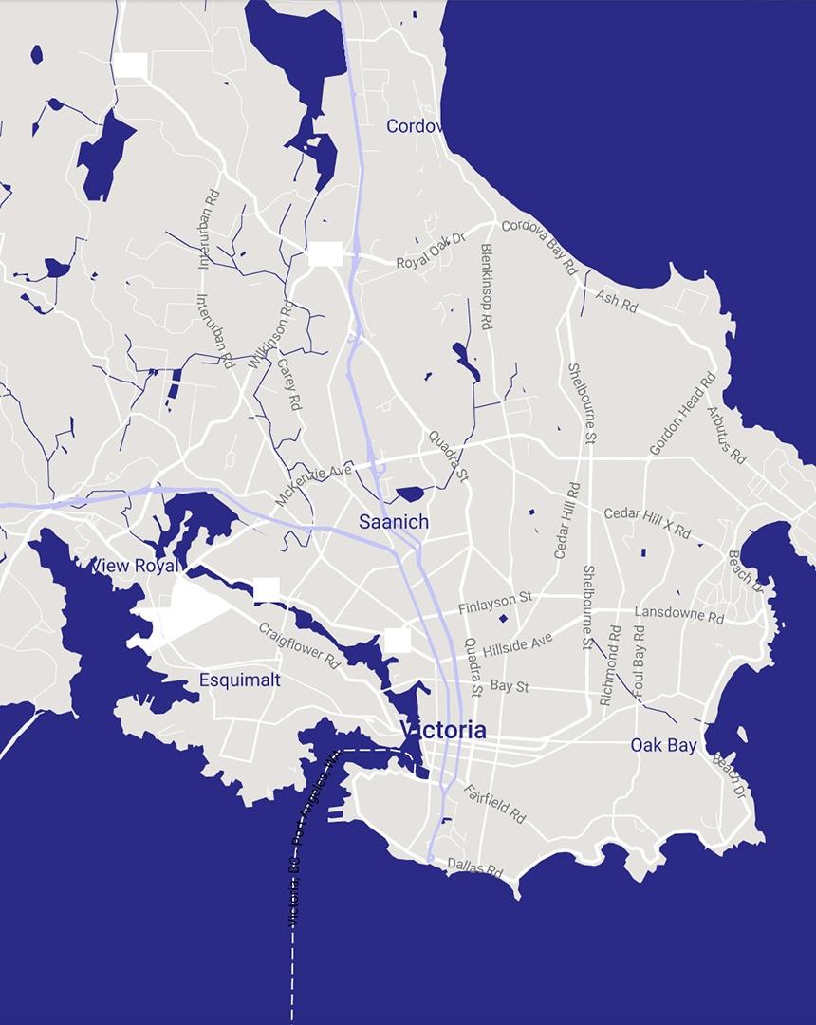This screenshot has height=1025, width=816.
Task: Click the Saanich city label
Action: pyautogui.click(x=393, y=522)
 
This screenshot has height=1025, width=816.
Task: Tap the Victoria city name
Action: pyautogui.click(x=443, y=731)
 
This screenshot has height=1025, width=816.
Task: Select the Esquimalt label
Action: pyautogui.click(x=240, y=680)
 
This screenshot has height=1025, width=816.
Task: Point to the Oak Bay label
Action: pyautogui.click(x=663, y=745)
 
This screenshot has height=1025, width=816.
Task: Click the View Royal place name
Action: pyautogui.click(x=134, y=567)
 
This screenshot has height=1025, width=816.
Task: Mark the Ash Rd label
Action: pyautogui.click(x=617, y=303)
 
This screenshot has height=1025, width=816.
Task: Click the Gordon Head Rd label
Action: pyautogui.click(x=682, y=414)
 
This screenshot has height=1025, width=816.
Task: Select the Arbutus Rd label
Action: pyautogui.click(x=727, y=436)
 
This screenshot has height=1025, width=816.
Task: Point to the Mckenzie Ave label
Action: pyautogui.click(x=313, y=484)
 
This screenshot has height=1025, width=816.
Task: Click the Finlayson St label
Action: pyautogui.click(x=495, y=602)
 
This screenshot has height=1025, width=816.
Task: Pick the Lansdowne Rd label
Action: pyautogui.click(x=678, y=614)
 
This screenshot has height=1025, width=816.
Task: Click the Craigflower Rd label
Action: pyautogui.click(x=299, y=646)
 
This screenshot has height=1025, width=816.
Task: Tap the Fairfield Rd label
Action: pyautogui.click(x=494, y=803)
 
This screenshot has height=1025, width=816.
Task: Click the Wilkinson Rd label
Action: pyautogui.click(x=270, y=333)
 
